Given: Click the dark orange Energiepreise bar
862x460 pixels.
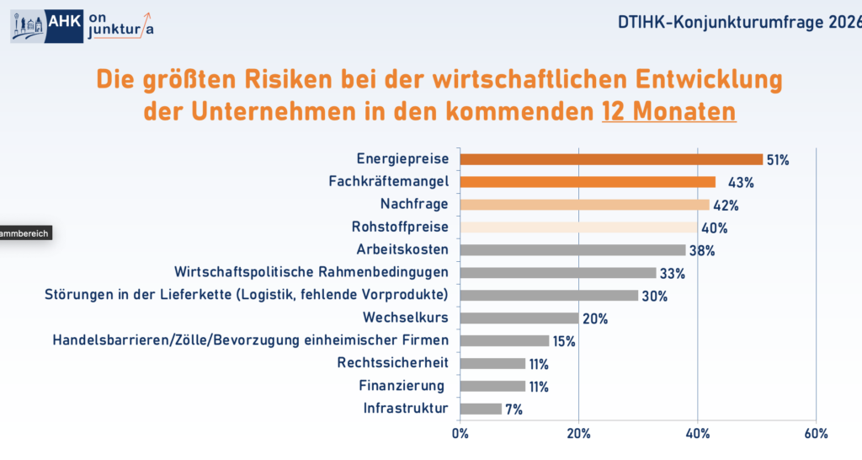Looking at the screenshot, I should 611,159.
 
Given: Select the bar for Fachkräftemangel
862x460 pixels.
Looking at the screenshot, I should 588,182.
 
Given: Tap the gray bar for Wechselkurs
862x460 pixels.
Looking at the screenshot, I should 519,318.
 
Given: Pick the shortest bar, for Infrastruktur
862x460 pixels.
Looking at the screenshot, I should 481,409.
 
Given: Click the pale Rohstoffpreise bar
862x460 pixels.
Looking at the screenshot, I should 578,227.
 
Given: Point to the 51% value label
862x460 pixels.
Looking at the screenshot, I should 777,160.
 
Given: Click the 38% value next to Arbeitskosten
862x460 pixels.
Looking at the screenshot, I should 702,250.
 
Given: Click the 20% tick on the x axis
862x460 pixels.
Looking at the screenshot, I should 578,434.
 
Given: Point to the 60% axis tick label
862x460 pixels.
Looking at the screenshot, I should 816,434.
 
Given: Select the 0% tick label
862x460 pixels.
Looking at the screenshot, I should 460,434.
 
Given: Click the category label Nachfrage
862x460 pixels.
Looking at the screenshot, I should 414,204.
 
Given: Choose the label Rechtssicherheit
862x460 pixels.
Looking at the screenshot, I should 392,363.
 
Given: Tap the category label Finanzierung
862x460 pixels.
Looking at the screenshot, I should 401,386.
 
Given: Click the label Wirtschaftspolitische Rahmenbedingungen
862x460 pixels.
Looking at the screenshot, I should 311,272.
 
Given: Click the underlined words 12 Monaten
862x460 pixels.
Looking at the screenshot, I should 668,111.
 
